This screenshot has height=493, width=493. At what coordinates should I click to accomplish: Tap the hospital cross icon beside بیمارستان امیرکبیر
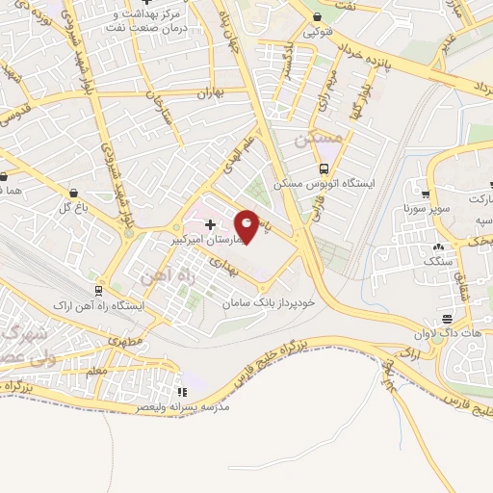pyautogui.click(x=211, y=224)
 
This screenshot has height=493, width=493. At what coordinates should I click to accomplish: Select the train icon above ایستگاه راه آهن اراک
pyautogui.click(x=98, y=290)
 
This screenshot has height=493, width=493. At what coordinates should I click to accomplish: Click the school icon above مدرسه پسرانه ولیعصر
pyautogui.click(x=182, y=392)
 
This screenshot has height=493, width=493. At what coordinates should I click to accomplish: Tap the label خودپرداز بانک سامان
pyautogui.click(x=259, y=302)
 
